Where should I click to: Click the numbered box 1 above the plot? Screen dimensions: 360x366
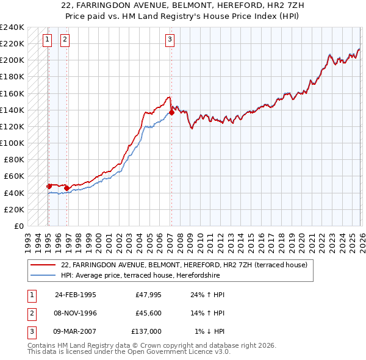pos(48,40)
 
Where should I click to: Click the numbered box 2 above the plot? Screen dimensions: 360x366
pos(65,40)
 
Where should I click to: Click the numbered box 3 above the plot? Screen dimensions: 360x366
pos(170,40)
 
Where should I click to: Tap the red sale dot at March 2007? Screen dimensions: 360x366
pos(171,112)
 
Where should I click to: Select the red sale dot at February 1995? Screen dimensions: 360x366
pos(49,186)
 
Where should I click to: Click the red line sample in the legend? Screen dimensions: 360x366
pos(43,265)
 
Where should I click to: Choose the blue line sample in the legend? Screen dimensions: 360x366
pos(43,275)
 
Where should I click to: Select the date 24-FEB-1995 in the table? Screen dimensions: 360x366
pos(75,294)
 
